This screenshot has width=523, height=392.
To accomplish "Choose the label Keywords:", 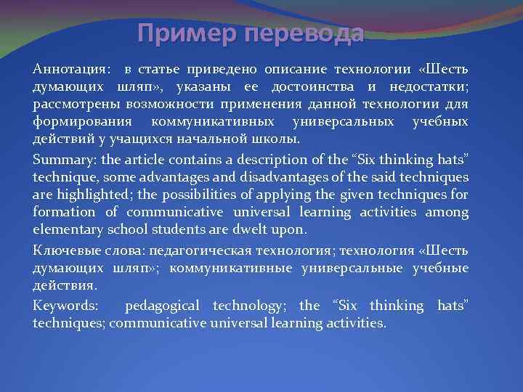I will tap(65, 305).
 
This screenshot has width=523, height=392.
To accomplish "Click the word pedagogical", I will tap(165, 305).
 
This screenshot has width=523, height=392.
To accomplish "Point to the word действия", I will tap(62, 286).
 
